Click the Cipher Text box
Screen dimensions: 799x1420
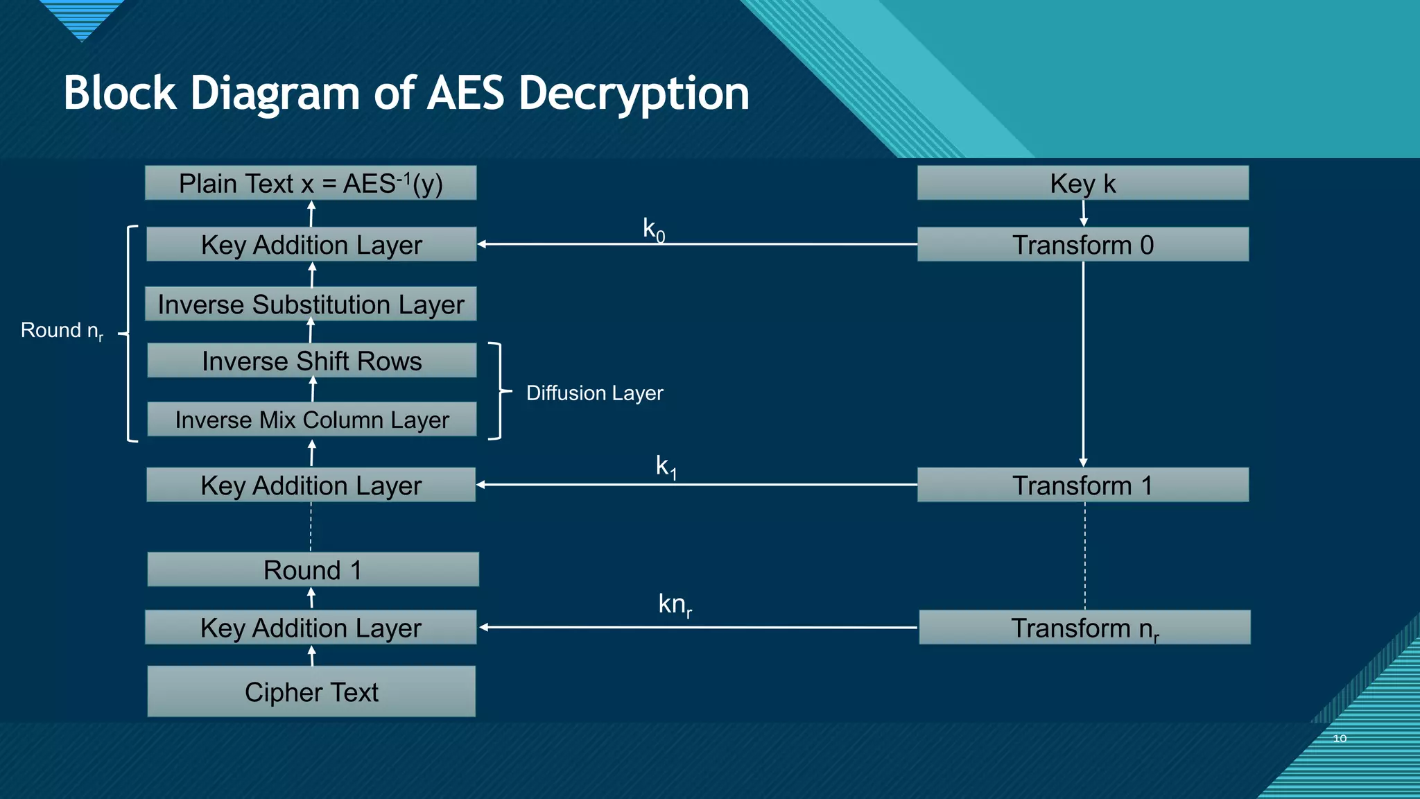pyautogui.click(x=311, y=691)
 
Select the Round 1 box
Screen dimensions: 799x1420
pyautogui.click(x=313, y=569)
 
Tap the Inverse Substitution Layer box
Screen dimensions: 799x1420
pyautogui.click(x=311, y=304)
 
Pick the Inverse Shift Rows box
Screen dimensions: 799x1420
pyautogui.click(x=312, y=361)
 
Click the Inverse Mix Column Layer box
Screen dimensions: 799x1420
pyautogui.click(x=312, y=420)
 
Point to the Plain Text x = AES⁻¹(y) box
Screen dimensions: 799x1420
pyautogui.click(x=311, y=183)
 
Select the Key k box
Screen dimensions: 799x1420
pyautogui.click(x=1082, y=183)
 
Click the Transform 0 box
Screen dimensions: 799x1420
pyautogui.click(x=1082, y=244)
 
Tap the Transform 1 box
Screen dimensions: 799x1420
pyautogui.click(x=1082, y=485)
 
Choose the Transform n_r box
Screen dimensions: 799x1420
pyautogui.click(x=1084, y=628)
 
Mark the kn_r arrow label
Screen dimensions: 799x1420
pyautogui.click(x=675, y=605)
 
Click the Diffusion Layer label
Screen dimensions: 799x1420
pyautogui.click(x=594, y=393)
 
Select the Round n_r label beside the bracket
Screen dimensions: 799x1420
pyautogui.click(x=62, y=331)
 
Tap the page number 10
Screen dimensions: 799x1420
pyautogui.click(x=1340, y=739)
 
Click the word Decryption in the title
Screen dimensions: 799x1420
pyautogui.click(x=634, y=93)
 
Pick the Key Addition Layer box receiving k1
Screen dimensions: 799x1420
pyautogui.click(x=311, y=485)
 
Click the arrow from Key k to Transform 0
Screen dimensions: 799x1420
pyautogui.click(x=1083, y=213)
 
